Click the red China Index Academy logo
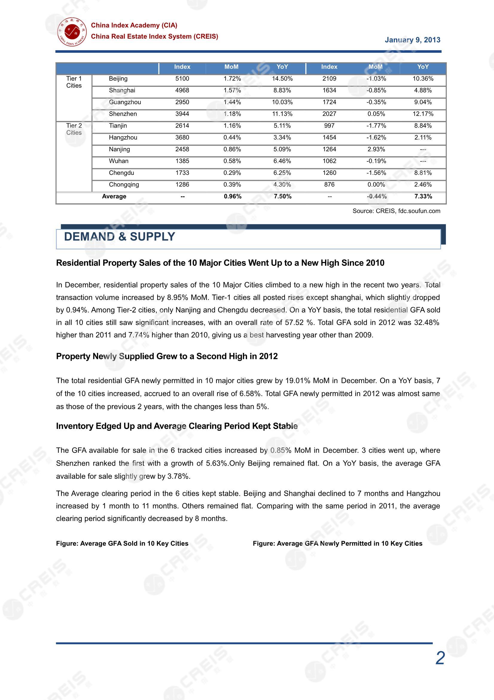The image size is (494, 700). [x=72, y=32]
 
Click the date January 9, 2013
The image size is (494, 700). [x=412, y=40]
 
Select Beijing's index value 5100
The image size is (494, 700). [x=182, y=79]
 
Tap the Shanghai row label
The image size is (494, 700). [x=122, y=90]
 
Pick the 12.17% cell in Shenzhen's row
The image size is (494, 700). [x=423, y=114]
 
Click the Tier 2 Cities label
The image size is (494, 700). [x=74, y=129]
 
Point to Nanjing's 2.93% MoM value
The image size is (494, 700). [x=376, y=149]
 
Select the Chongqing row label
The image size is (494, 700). [x=124, y=185]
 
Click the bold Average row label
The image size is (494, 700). [x=114, y=197]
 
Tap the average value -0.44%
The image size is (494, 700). [x=376, y=197]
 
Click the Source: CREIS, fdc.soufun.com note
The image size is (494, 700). [x=396, y=211]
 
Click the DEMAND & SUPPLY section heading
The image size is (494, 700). [x=119, y=237]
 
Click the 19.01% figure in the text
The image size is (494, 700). [x=298, y=381]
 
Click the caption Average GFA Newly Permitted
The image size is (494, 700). [x=337, y=544]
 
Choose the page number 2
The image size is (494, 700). [x=440, y=658]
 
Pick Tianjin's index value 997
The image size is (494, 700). [x=329, y=126]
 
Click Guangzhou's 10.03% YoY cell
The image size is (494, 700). [x=282, y=102]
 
